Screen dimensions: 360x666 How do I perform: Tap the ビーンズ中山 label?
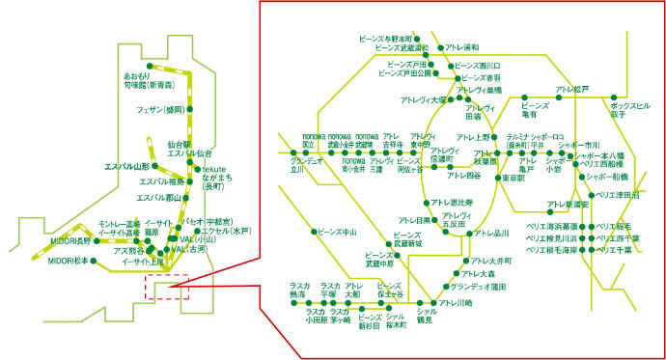[337, 232]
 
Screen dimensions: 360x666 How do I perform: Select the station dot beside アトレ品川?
[466, 234]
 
